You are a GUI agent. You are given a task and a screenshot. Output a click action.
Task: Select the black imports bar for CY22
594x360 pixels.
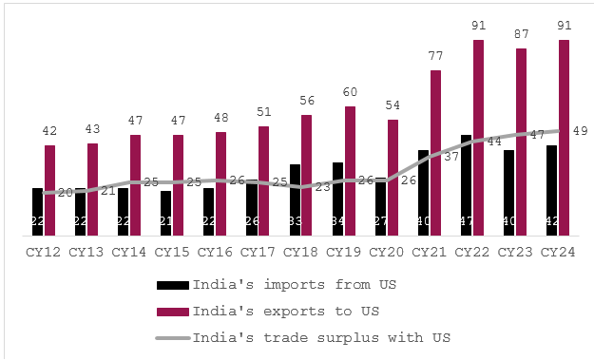(466, 185)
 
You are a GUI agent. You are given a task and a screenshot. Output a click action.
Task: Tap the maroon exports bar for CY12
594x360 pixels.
(49, 190)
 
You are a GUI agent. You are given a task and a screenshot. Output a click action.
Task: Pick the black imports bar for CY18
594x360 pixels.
(295, 199)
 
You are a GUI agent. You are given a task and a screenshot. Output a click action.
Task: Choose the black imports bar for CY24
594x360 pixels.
(551, 190)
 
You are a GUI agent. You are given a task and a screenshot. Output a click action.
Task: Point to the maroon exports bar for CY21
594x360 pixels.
(435, 152)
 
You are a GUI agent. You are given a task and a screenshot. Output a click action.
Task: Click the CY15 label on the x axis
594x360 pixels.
(171, 252)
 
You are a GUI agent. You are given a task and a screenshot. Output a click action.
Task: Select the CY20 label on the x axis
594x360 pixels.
(386, 252)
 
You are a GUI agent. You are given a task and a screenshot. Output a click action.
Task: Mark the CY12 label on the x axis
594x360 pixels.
(43, 252)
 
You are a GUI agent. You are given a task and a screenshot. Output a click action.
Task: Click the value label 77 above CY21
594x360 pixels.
(435, 57)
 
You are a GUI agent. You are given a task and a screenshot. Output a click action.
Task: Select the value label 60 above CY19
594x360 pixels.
(350, 92)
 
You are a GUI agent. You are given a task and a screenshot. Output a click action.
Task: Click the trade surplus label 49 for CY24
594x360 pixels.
(579, 131)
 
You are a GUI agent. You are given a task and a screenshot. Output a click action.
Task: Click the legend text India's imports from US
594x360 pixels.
(294, 284)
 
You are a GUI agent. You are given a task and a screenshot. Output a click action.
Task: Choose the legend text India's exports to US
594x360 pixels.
(285, 311)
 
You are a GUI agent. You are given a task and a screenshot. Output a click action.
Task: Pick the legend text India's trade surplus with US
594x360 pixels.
(320, 337)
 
